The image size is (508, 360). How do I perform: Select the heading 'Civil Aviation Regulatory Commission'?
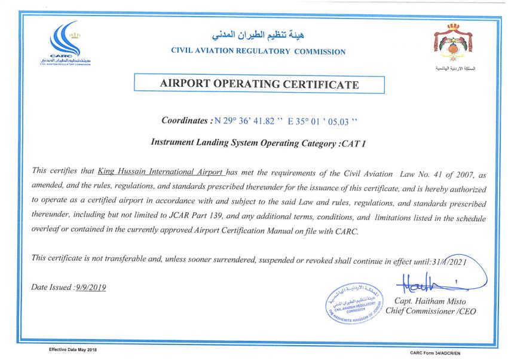tap(258, 52)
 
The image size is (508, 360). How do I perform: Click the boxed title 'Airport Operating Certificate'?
tap(259, 84)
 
